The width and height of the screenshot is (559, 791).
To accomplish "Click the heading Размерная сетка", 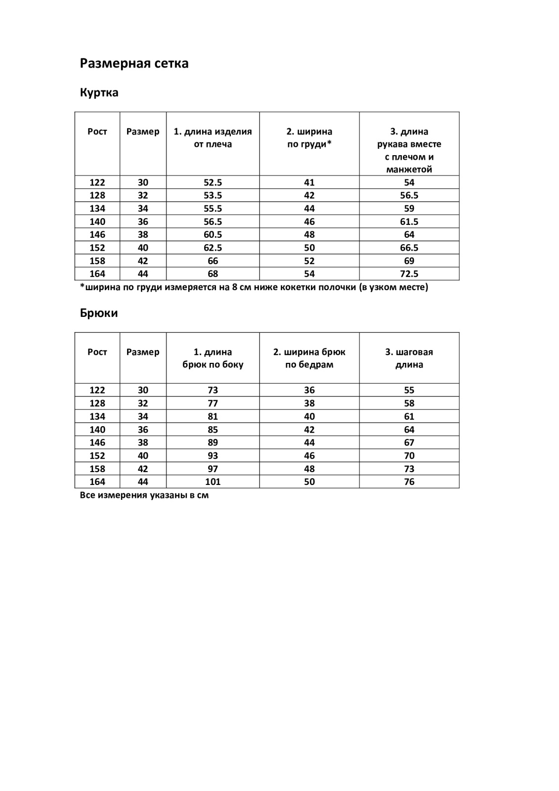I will pyautogui.click(x=134, y=64).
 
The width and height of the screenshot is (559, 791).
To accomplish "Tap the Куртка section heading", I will pyautogui.click(x=99, y=93).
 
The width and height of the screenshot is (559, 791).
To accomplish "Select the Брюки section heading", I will pyautogui.click(x=99, y=313).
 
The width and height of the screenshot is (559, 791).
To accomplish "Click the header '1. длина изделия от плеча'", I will pyautogui.click(x=213, y=138).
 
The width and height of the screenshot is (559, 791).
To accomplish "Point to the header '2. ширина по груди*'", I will pyautogui.click(x=309, y=138).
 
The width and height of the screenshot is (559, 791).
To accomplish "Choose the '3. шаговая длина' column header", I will pyautogui.click(x=409, y=358).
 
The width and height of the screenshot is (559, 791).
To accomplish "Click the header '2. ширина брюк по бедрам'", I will pyautogui.click(x=309, y=358).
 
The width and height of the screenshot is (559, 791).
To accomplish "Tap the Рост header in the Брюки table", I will pyautogui.click(x=97, y=352).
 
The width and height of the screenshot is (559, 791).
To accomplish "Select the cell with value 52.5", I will pyautogui.click(x=213, y=182).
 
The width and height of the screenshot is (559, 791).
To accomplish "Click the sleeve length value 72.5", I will pyautogui.click(x=409, y=274).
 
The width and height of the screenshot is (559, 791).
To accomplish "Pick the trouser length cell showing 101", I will pyautogui.click(x=213, y=482).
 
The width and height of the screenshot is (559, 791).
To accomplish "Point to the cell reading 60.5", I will pyautogui.click(x=213, y=235).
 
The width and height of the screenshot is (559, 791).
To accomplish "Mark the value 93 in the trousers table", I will pyautogui.click(x=213, y=456).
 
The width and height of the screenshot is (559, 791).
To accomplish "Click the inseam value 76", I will pyautogui.click(x=409, y=482).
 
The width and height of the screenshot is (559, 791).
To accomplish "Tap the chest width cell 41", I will pyautogui.click(x=309, y=182).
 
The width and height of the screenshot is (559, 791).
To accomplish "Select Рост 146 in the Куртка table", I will pyautogui.click(x=97, y=235).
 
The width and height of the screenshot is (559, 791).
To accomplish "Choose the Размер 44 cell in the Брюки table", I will pyautogui.click(x=143, y=482).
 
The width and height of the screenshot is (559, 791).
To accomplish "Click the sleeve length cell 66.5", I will pyautogui.click(x=409, y=248).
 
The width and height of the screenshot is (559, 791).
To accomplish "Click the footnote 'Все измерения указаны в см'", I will pyautogui.click(x=144, y=495).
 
